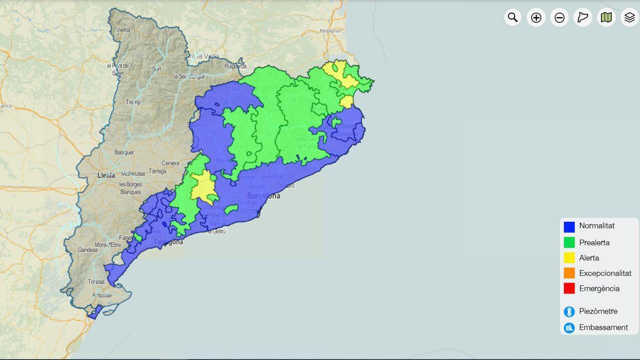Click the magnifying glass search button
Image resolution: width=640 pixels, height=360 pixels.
point(513,18)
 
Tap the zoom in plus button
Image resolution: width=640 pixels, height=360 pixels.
point(536,18)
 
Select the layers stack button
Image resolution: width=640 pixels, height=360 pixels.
point(629,18)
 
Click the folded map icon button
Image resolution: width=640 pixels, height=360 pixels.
point(606,18)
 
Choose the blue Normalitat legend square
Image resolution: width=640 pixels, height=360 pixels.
point(569,227)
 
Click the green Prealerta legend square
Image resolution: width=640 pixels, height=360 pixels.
point(569,243)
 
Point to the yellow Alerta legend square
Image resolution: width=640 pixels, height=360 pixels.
point(569,258)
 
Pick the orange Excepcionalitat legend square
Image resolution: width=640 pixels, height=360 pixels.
point(569,273)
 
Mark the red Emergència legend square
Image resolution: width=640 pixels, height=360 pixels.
point(569,289)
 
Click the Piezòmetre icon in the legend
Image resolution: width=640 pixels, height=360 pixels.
point(569,311)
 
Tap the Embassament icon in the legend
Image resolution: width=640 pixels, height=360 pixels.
point(569,327)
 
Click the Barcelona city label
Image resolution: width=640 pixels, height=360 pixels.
point(263,196)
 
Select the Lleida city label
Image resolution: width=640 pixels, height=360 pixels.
point(106,175)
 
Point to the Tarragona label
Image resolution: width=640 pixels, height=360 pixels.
point(168,242)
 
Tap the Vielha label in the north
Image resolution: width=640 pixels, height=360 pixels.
point(123,30)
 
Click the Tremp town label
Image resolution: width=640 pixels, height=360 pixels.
point(133,102)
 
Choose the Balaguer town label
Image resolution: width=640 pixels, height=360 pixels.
point(124,153)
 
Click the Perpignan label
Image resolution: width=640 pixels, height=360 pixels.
point(331,31)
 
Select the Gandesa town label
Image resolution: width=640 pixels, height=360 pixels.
point(88,250)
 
